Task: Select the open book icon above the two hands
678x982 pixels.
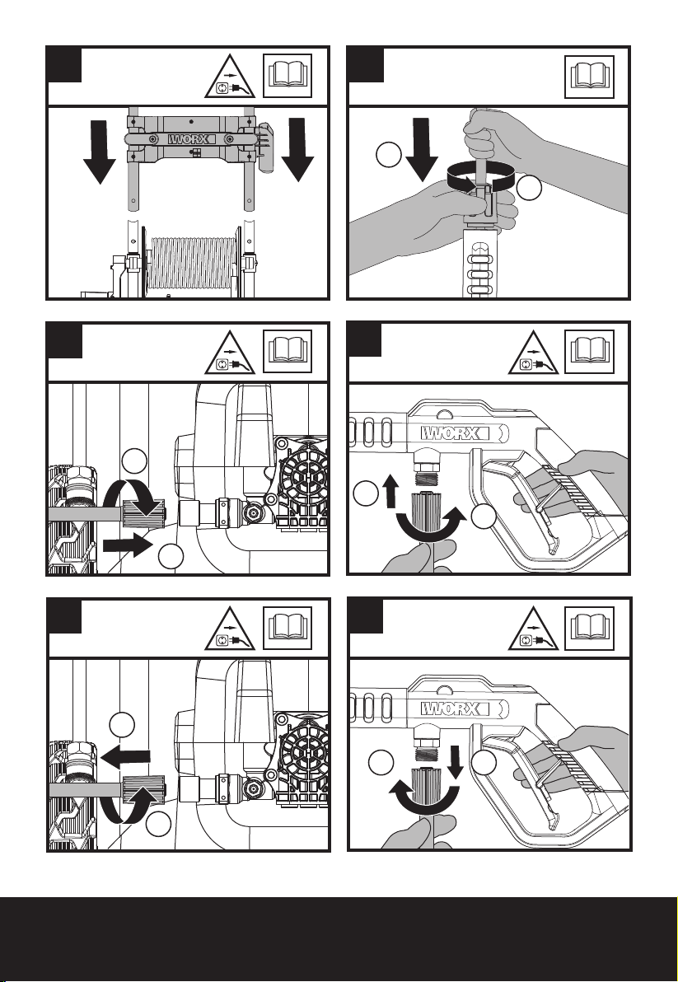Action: click(589, 77)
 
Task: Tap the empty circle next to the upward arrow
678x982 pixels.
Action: click(365, 494)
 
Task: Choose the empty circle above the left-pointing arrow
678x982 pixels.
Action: click(122, 725)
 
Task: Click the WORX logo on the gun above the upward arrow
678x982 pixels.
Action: click(451, 433)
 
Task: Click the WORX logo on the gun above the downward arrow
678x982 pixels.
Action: click(451, 709)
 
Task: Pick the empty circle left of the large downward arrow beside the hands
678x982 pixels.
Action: click(389, 155)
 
